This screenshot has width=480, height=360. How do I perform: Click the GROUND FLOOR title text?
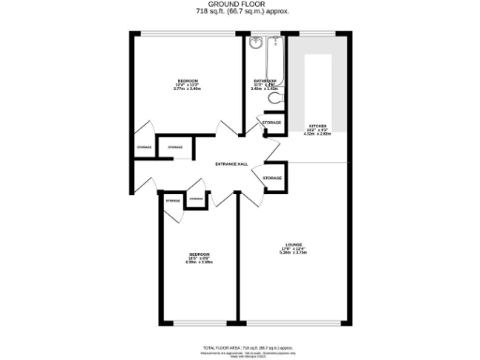coord(240,5)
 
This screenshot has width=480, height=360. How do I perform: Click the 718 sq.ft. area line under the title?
coord(240,11)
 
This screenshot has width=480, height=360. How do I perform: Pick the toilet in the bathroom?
coord(274,97)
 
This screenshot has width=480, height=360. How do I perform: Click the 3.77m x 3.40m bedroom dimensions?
coord(188,90)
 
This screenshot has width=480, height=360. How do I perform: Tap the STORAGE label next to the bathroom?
coord(272,123)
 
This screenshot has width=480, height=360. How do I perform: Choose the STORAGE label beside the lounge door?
coord(272,177)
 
